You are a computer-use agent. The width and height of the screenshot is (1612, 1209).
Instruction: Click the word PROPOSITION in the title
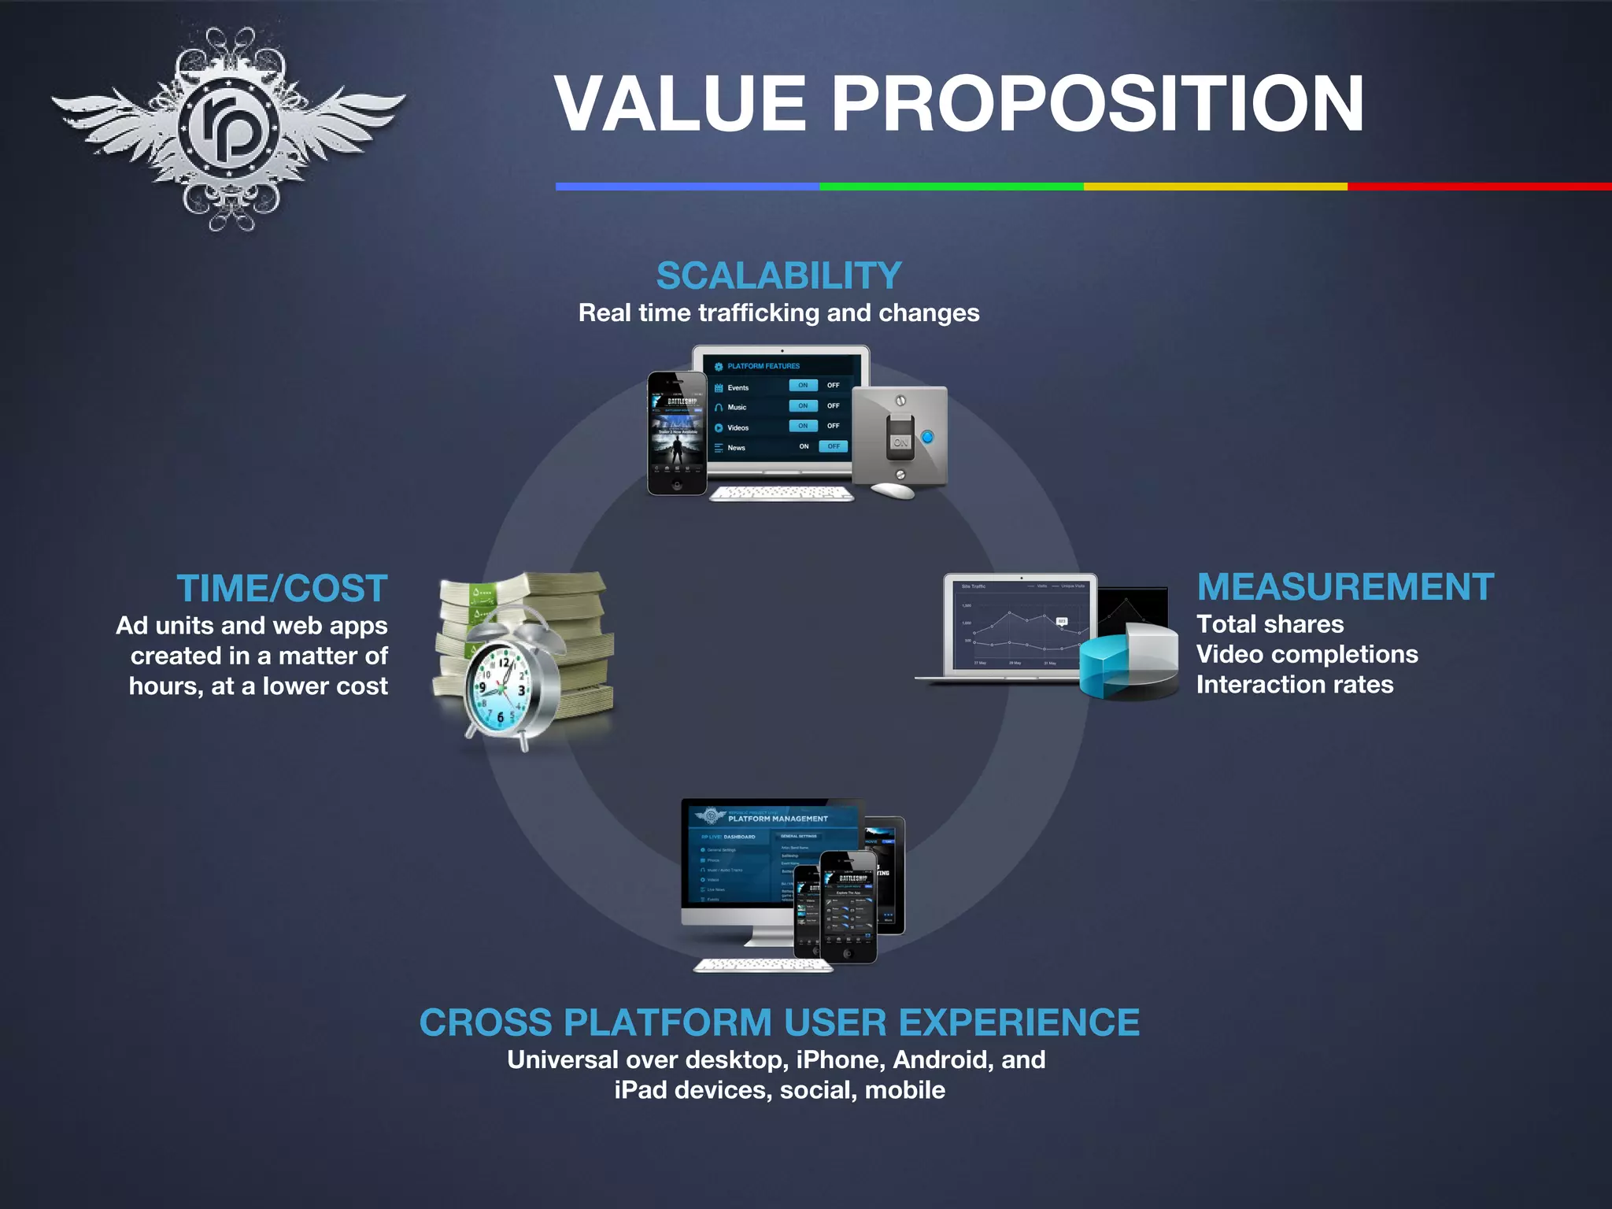point(1097,104)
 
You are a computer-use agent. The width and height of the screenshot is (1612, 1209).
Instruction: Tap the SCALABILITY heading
point(778,276)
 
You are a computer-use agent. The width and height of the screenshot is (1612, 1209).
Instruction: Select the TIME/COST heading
point(282,589)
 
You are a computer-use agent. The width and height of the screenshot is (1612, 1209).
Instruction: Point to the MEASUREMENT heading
point(1345,587)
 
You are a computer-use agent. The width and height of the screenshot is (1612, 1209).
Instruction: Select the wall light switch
point(900,438)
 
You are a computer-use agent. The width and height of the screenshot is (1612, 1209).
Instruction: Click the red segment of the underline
point(1480,187)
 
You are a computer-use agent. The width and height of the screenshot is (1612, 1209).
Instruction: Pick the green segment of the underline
point(951,187)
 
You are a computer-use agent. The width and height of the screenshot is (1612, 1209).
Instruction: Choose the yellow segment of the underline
point(1215,187)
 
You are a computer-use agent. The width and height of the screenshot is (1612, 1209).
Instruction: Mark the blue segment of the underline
point(687,187)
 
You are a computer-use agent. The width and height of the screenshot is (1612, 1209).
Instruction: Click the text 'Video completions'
point(1307,654)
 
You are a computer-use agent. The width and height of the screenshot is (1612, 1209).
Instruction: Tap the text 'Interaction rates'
point(1295,685)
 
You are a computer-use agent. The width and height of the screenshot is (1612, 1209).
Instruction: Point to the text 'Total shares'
point(1270,624)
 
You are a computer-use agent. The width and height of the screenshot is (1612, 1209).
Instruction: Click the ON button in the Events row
point(803,386)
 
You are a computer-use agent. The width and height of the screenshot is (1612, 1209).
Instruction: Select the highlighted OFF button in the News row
point(833,446)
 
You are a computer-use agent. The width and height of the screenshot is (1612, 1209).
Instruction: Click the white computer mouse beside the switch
point(893,490)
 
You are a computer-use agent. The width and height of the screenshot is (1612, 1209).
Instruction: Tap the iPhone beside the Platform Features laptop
point(677,434)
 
